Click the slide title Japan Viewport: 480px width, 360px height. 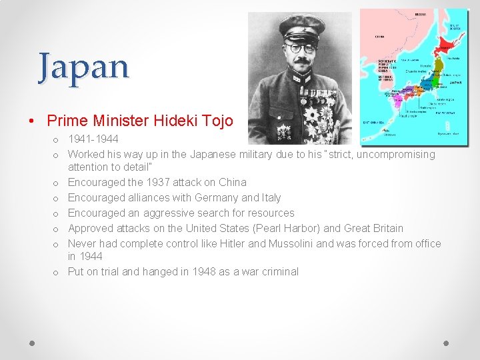click(83, 66)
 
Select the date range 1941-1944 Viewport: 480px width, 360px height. click(93, 139)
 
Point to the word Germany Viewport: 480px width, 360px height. click(210, 197)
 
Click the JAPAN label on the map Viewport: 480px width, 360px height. click(455, 83)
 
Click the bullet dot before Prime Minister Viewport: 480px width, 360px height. click(32, 121)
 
